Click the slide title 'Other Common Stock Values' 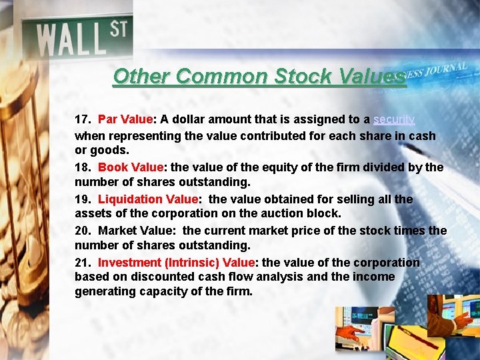(259, 77)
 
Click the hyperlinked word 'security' (394, 119)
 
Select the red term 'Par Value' (125, 120)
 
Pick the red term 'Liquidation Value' (148, 199)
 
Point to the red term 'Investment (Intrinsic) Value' (176, 263)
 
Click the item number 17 (82, 120)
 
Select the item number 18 (82, 167)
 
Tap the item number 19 (82, 199)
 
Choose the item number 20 (82, 231)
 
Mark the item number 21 (82, 263)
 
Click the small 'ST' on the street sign (119, 30)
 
